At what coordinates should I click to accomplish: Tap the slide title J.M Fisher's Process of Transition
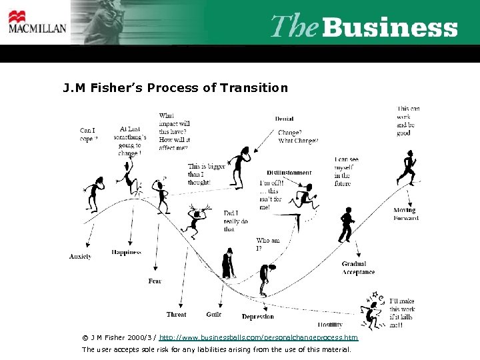point(175,87)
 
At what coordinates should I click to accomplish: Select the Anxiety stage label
point(80,256)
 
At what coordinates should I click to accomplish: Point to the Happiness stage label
point(126,252)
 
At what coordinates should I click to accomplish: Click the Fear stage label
point(155,281)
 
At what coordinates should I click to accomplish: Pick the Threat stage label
point(176,314)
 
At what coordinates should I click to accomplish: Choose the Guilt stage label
point(214,314)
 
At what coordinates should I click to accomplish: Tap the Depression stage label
point(257,317)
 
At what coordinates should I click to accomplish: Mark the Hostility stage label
point(330,325)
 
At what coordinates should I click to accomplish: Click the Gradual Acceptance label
point(358,268)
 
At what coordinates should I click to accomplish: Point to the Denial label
point(284,119)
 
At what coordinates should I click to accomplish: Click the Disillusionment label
point(289,173)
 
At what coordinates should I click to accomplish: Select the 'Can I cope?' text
point(88,134)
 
